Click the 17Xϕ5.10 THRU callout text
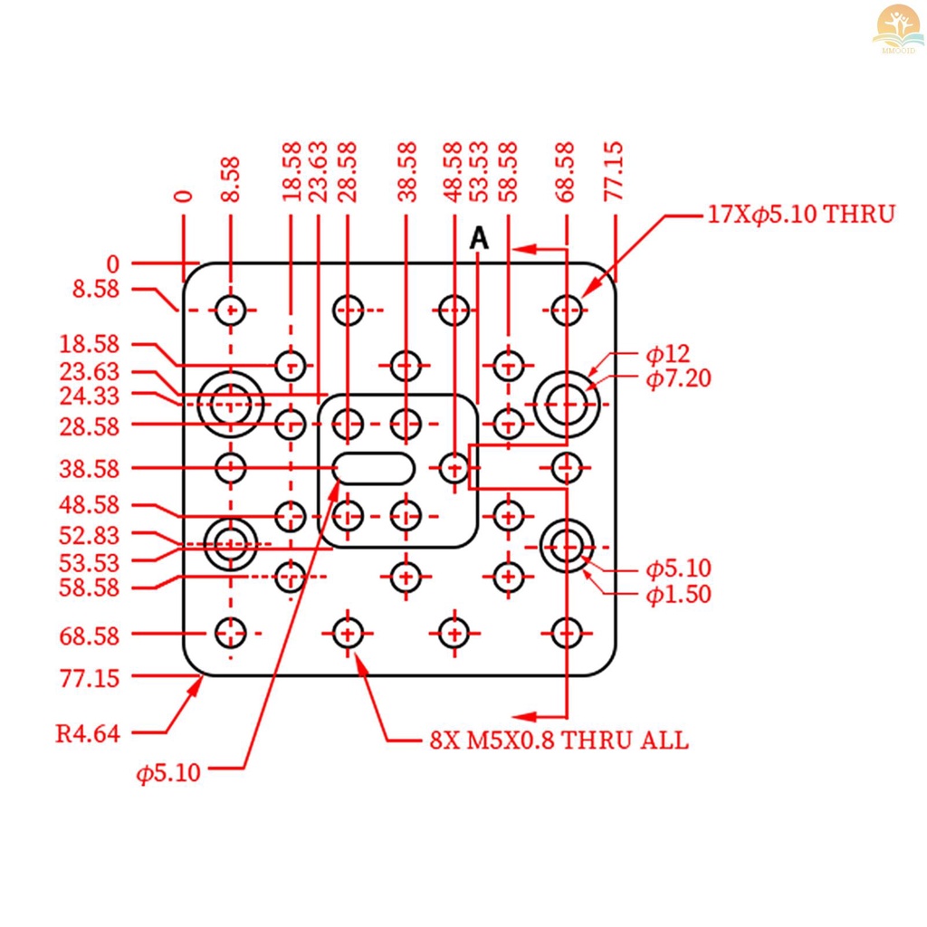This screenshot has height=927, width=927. pos(801,214)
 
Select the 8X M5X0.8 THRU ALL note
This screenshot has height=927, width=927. pos(559,740)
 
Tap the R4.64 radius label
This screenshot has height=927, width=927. pos(88,733)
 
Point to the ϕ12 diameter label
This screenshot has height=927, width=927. pos(667,354)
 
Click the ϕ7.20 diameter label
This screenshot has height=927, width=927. pos(678,378)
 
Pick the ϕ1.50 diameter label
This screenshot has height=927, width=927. pos(678,594)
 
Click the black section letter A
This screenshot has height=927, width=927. pos(479,238)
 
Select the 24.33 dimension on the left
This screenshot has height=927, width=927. pos(90,396)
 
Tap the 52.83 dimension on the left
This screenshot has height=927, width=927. pos(90,536)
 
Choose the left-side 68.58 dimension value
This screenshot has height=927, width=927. pos(90,636)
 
